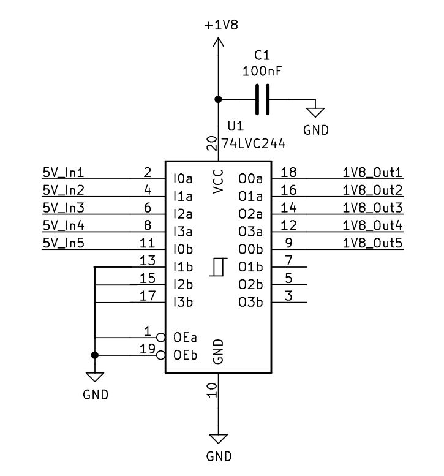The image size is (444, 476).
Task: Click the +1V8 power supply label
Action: [221, 25]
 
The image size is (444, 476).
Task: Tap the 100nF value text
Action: [262, 71]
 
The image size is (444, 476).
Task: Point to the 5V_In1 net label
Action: [63, 172]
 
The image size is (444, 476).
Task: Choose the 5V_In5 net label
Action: [63, 243]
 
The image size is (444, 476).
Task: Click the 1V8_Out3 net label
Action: [372, 208]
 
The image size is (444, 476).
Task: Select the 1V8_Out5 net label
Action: [372, 243]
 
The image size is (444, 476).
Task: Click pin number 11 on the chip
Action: [147, 243]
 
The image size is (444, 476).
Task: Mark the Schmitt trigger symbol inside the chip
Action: [217, 267]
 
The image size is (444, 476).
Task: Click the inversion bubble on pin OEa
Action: [161, 338]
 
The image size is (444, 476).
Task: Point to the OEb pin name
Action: [185, 355]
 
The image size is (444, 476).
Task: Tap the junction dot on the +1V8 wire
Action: [217, 99]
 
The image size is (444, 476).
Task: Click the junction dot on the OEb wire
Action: [95, 355]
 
